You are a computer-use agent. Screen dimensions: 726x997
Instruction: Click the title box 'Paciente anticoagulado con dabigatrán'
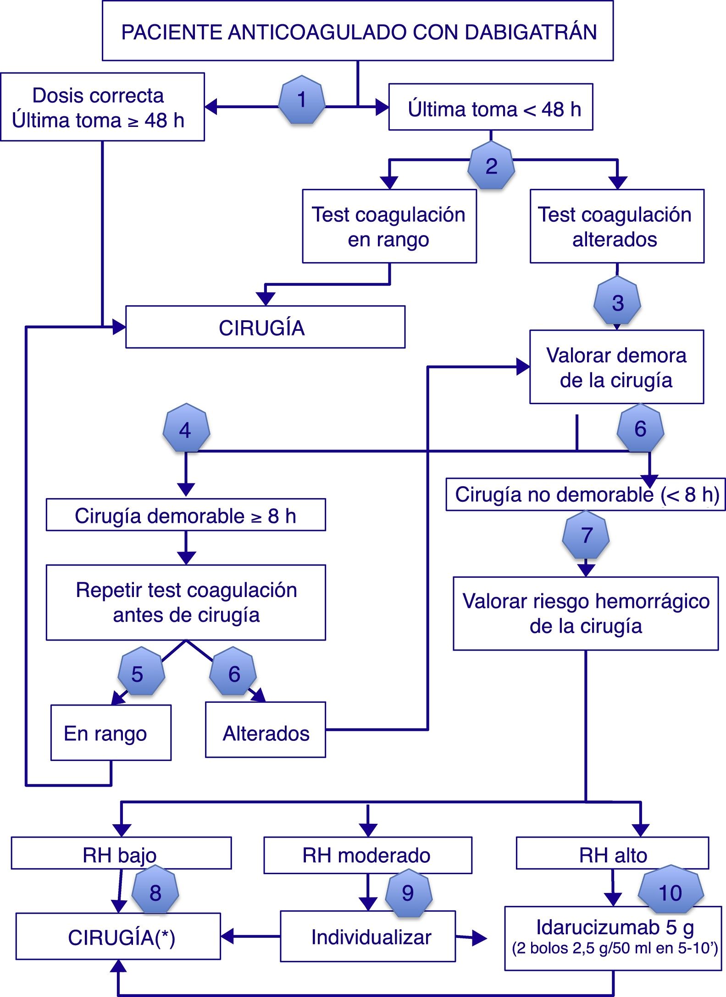pos(358,31)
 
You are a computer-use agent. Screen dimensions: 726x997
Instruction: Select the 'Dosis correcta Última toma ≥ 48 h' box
pos(102,107)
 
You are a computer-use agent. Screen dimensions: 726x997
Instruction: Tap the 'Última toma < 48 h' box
pos(491,107)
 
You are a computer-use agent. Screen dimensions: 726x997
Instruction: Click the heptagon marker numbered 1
pos(302,99)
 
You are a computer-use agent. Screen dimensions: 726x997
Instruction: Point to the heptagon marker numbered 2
pos(491,165)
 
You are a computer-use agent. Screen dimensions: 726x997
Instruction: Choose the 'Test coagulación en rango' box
pos(389,226)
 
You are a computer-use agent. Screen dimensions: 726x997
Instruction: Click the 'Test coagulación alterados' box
pos(617,226)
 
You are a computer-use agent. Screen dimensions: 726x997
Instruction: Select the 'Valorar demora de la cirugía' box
pos(617,367)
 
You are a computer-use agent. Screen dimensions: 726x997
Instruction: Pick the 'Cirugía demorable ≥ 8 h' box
pos(186,515)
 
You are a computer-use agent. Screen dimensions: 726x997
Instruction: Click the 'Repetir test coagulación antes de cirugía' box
pos(186,602)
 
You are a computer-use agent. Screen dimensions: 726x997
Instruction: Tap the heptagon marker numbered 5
pos(141,671)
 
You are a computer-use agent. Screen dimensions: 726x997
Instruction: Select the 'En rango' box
pos(111,733)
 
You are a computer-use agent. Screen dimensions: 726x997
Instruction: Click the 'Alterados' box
pos(266,729)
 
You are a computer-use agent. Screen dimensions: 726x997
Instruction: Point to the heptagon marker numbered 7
pos(586,535)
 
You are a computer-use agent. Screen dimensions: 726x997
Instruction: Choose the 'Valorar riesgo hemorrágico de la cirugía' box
pos(586,614)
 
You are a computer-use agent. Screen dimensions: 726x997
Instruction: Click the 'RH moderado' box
pos(368,855)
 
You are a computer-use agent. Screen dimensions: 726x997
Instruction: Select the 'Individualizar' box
pos(368,936)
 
